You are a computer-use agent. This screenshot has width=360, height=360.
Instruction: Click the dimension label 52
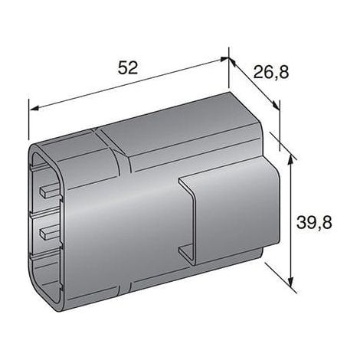pos(128,68)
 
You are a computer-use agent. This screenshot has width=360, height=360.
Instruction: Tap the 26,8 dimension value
pos(271,72)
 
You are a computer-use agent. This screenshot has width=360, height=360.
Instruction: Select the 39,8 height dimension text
pos(314,222)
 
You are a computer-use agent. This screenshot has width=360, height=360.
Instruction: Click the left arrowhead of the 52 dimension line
pos(34,109)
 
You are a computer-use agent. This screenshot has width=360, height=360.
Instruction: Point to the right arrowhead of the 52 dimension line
pos(224,59)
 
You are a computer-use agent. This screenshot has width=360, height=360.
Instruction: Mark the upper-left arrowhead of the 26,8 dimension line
pos(232,62)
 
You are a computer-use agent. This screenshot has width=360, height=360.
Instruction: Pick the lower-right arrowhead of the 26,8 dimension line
pos(276,105)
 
